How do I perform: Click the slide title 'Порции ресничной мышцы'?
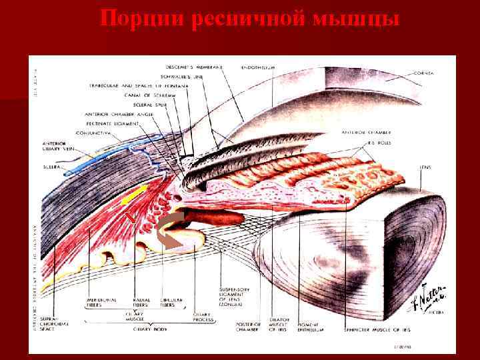pos(250,19)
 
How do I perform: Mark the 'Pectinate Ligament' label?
pos(113,123)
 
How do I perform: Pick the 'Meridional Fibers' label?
pos(101,304)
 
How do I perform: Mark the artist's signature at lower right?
pos(437,303)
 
